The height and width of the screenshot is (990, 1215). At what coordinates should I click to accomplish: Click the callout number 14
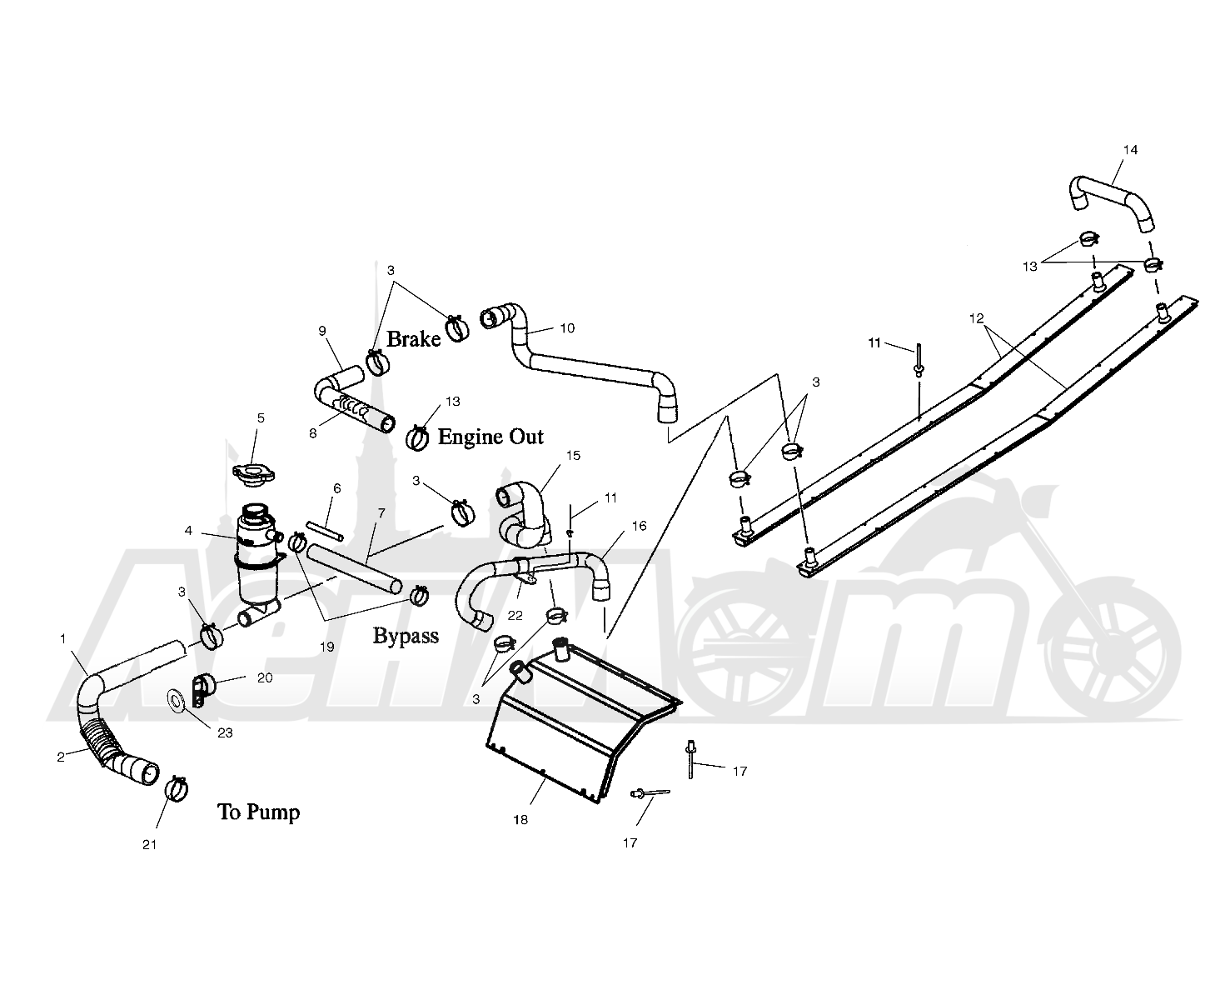[x=1130, y=149]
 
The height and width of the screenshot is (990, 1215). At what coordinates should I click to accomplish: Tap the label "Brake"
[x=414, y=339]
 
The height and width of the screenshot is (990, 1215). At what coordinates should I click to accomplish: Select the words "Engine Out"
[x=490, y=437]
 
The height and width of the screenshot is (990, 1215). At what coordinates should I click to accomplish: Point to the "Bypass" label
[x=406, y=636]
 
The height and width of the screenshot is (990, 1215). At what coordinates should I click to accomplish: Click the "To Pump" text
[x=258, y=812]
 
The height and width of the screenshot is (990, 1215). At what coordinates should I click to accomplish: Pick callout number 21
[x=149, y=844]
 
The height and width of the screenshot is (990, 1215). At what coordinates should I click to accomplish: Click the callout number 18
[x=520, y=819]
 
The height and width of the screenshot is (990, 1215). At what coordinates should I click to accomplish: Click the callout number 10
[x=567, y=328]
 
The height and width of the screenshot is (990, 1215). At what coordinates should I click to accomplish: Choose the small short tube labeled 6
[x=325, y=530]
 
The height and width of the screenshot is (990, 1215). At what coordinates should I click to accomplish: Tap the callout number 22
[x=515, y=615]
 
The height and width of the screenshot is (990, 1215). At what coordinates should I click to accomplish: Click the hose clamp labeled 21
[x=177, y=788]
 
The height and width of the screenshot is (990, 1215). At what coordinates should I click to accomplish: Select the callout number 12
[x=977, y=318]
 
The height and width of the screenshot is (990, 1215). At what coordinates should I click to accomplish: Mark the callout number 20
[x=265, y=677]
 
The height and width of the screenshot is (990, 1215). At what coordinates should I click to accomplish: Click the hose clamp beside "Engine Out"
[x=417, y=438]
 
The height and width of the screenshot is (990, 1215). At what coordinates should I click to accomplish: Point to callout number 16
[x=639, y=526]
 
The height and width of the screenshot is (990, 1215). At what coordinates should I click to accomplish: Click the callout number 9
[x=322, y=331]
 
